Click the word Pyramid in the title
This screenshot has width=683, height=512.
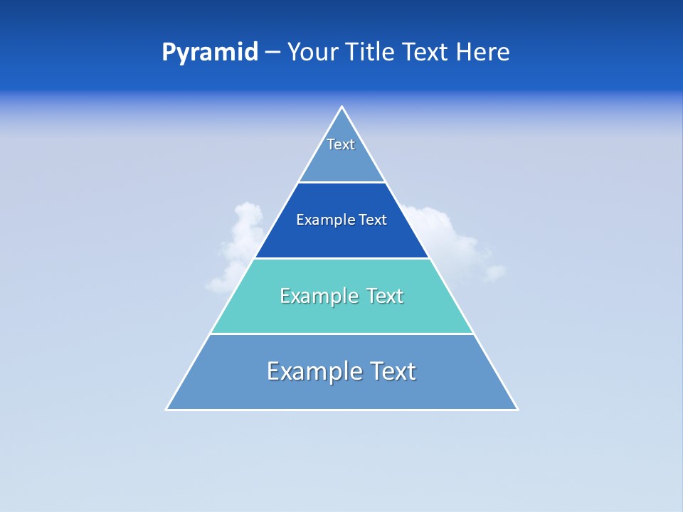(209, 53)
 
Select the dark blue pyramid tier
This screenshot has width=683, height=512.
(341, 238)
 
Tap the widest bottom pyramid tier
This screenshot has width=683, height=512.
(341, 391)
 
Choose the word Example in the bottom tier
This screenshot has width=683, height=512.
(314, 371)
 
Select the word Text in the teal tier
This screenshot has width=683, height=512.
(384, 296)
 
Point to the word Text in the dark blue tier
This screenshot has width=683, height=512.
(373, 220)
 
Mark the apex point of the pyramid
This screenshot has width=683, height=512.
(341, 107)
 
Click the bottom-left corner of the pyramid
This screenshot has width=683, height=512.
(167, 409)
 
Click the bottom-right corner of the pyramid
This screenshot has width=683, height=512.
(517, 409)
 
